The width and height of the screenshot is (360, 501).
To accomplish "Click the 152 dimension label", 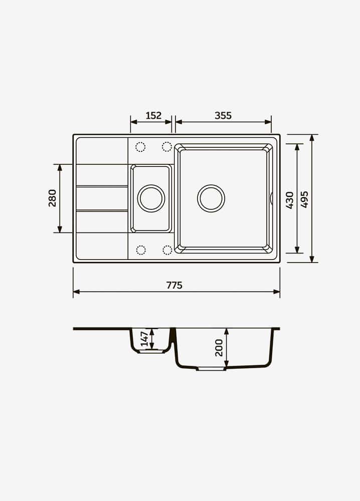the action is [x=153, y=115].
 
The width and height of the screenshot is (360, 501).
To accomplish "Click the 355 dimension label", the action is [x=223, y=115].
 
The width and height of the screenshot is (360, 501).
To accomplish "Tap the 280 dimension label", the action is [x=52, y=198].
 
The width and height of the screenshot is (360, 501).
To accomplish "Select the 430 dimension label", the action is [x=290, y=200].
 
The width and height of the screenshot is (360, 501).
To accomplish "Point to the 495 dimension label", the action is [x=305, y=199].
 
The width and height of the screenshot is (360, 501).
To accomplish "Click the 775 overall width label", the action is [x=174, y=285].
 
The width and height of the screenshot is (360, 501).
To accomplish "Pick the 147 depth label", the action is [x=144, y=339].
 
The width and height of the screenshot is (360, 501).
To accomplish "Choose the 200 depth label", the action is [x=219, y=348].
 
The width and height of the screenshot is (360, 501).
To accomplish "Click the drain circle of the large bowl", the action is [x=211, y=185].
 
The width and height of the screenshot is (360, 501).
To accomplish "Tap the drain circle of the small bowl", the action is [x=151, y=185].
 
